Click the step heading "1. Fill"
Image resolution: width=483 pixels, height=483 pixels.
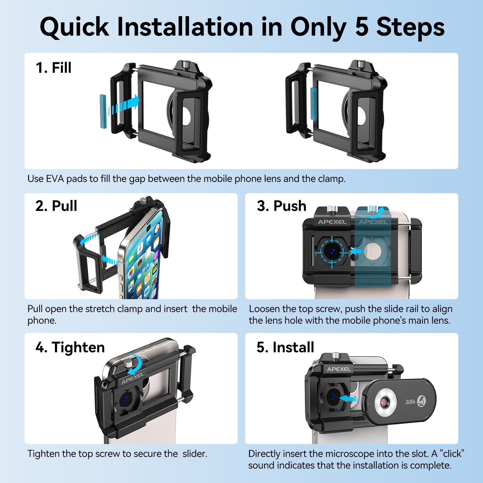coord(53,68)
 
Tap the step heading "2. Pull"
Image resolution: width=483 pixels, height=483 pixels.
coord(56,206)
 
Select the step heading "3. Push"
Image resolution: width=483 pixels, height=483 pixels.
coord(282,206)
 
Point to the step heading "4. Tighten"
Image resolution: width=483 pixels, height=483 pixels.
coord(70,347)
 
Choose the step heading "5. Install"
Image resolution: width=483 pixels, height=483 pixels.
coord(285,347)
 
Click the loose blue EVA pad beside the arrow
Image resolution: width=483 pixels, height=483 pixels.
coord(104,111)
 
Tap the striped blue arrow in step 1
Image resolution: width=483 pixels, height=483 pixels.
coord(124,105)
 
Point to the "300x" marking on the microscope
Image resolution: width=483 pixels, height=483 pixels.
coord(410,402)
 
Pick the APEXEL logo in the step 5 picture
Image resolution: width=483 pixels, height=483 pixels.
coord(339,369)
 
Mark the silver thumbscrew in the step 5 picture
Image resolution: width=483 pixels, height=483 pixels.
coord(335,356)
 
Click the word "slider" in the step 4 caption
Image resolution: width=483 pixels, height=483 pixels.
coord(195,454)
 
